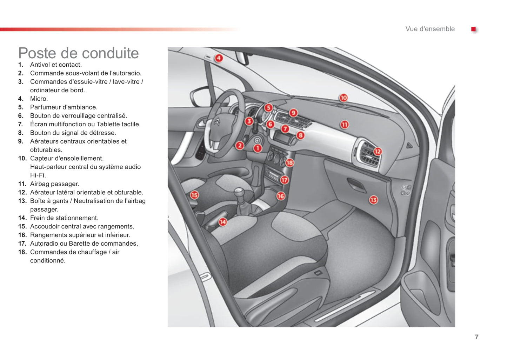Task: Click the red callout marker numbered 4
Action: [219, 58]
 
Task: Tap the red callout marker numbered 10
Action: [343, 98]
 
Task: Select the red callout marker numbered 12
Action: [377, 152]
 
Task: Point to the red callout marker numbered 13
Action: [373, 200]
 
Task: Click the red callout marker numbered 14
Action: [223, 222]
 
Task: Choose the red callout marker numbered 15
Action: [194, 195]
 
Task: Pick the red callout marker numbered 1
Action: [258, 148]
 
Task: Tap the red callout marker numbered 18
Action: [289, 163]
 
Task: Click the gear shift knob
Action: [239, 192]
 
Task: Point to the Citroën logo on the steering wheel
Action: [218, 123]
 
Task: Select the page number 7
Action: [476, 337]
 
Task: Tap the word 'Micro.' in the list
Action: [39, 99]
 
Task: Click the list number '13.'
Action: [22, 201]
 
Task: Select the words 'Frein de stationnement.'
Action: [64, 218]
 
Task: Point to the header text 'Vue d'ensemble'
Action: [430, 29]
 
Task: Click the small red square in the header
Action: [473, 29]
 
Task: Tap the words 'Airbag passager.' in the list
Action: [55, 184]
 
